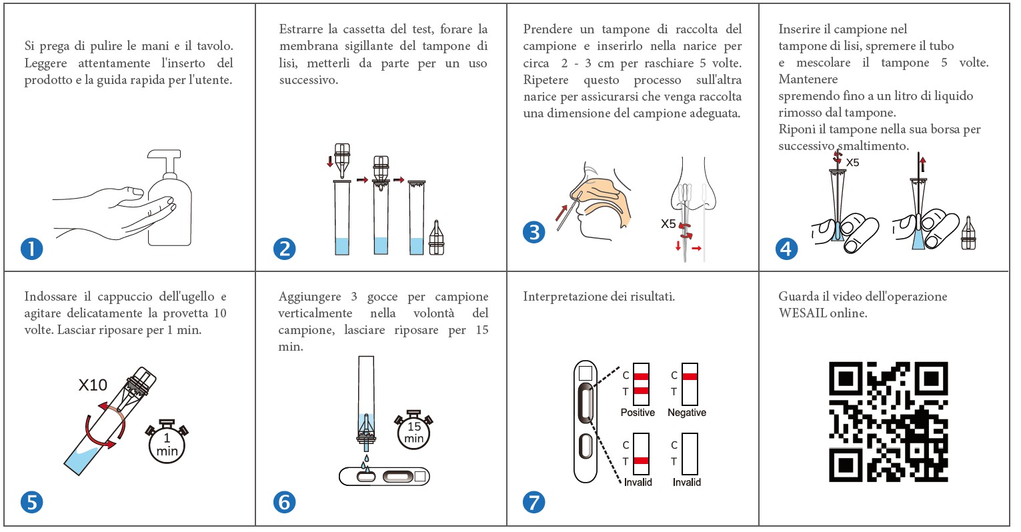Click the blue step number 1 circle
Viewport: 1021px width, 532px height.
[x=32, y=249]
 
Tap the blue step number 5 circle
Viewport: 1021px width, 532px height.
[x=32, y=503]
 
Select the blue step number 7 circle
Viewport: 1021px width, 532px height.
[x=534, y=503]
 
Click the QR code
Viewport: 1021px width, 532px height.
[x=888, y=422]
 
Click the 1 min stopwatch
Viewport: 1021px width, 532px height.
[x=167, y=442]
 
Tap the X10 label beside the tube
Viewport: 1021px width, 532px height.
[x=93, y=385]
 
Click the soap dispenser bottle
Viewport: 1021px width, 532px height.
[x=169, y=198]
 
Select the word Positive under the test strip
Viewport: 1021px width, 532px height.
[x=638, y=413]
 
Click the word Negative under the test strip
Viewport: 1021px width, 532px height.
[x=687, y=413]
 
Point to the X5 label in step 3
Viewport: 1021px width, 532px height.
[x=668, y=223]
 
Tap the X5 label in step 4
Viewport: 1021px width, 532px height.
[x=852, y=163]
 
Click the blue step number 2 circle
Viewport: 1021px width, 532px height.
[x=284, y=249]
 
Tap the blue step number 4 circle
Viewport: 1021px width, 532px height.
[x=787, y=249]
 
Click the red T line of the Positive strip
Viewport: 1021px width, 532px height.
[x=641, y=391]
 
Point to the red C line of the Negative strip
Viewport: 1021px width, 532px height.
[x=690, y=376]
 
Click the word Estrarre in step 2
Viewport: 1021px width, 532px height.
[x=301, y=29]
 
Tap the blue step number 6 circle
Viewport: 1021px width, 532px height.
[x=284, y=503]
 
